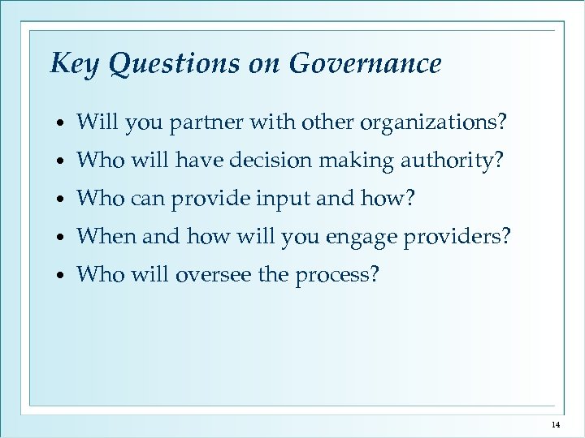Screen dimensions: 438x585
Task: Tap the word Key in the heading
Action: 71,63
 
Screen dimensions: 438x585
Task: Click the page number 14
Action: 556,424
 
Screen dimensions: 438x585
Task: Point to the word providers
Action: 458,237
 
